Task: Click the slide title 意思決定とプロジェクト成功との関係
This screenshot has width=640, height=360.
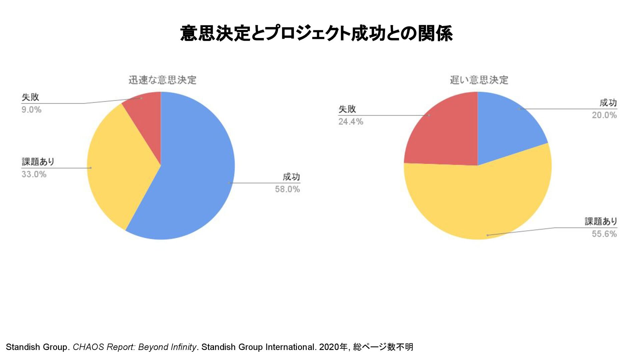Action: tap(316, 34)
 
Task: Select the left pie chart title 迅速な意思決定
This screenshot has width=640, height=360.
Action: tap(162, 80)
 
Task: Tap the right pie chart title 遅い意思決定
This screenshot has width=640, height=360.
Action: tap(479, 80)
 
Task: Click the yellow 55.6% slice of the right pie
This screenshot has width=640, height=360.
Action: tap(480, 203)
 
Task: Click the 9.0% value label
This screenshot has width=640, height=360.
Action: tap(31, 110)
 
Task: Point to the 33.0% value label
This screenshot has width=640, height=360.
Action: tap(34, 174)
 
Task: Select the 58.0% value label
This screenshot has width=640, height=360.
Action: tap(287, 189)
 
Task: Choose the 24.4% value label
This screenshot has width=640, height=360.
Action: tap(351, 122)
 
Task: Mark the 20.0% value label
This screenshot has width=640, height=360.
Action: tap(604, 115)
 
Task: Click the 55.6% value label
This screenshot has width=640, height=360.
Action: tap(604, 234)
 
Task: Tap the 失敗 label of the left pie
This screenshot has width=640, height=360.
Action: tap(30, 97)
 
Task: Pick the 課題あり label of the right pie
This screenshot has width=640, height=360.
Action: tap(601, 221)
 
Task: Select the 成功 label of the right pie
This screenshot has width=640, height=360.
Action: tap(608, 103)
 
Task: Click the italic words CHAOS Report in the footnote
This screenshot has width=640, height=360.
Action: tap(103, 347)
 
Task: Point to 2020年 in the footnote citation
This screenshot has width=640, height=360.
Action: tap(333, 347)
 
